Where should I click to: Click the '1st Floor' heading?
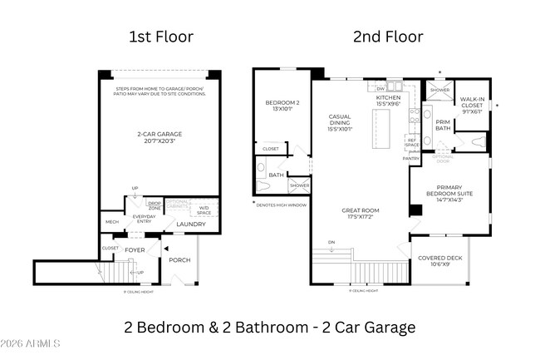[x=160, y=37]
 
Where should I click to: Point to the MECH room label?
[x=111, y=222]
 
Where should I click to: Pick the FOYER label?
[x=135, y=248]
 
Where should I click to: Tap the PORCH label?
[x=179, y=259]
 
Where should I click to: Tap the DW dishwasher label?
[x=380, y=87]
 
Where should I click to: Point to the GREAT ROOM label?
[x=360, y=213]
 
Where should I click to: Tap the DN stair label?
[x=331, y=243]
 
